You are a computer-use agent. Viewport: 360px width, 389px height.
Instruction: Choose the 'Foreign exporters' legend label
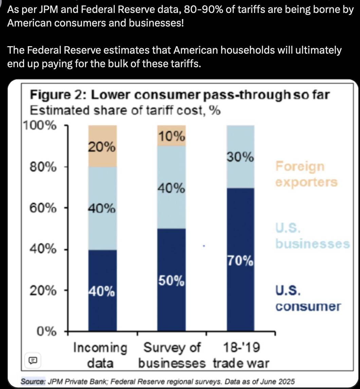click(306, 174)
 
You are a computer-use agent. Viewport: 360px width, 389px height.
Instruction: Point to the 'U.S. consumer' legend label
click(308, 298)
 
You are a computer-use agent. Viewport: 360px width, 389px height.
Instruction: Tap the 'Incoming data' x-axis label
click(100, 355)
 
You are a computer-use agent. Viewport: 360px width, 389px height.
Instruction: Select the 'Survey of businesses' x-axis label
click(172, 355)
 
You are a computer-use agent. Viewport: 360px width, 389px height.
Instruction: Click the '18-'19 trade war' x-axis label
click(241, 355)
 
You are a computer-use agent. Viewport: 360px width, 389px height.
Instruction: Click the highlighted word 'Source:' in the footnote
click(33, 382)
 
